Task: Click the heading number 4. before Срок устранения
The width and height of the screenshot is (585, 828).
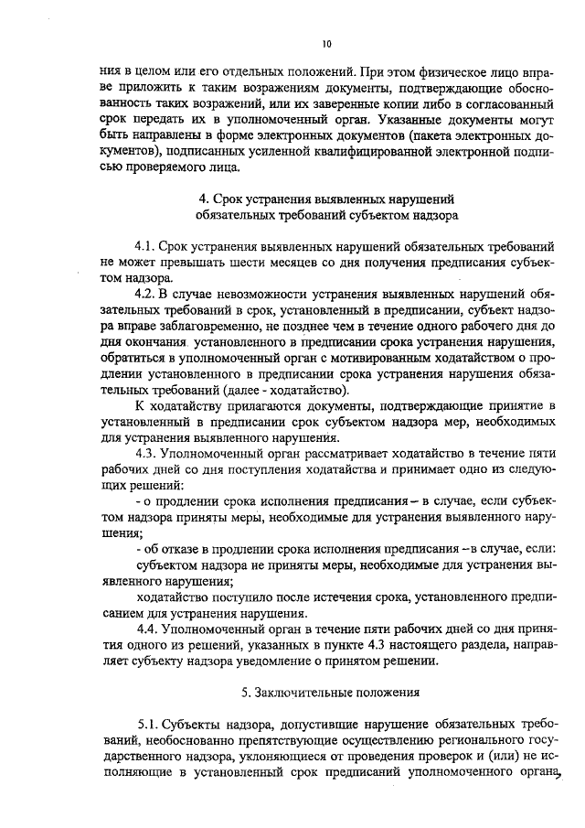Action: tap(203, 199)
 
